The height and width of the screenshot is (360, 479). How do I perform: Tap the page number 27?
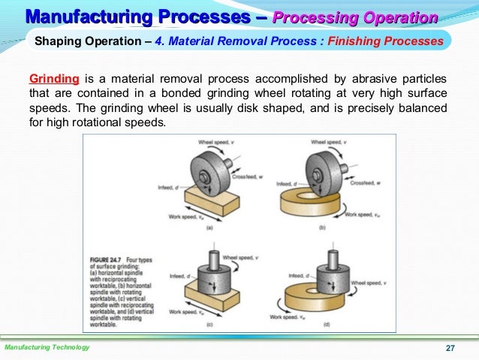coord(450,348)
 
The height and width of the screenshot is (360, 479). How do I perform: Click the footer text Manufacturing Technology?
coord(47,347)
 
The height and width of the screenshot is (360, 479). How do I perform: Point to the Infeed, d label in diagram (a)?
coord(168,186)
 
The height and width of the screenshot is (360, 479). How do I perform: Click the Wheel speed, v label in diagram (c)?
coord(247,256)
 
